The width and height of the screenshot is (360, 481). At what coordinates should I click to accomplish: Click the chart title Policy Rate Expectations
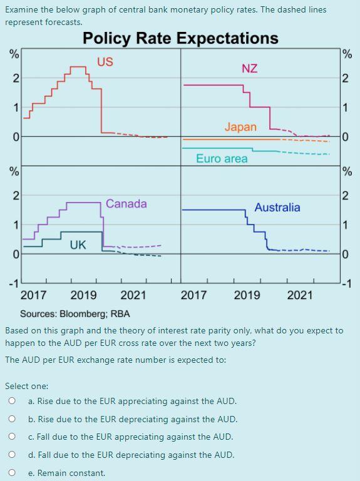coord(180,38)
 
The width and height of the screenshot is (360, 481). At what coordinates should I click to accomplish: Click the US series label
coord(105,61)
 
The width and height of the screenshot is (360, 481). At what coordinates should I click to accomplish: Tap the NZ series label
coord(249,68)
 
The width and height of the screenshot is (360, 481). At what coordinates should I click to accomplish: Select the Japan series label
coord(240,127)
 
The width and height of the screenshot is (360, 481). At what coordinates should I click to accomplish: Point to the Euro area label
coord(222,159)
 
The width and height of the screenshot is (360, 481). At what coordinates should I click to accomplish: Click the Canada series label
coord(126,204)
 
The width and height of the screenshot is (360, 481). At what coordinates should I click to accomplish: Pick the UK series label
coord(78,245)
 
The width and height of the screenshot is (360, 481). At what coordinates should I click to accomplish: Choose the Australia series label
coord(277,208)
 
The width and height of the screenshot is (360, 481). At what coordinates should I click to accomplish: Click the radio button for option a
coord(11,401)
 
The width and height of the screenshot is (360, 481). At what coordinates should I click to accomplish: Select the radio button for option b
coord(11,419)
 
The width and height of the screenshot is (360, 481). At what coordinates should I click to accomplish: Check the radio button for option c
coord(11,437)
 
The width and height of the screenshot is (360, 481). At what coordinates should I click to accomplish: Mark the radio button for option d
coord(11,455)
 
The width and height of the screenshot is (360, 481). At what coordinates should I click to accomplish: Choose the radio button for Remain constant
coord(11,473)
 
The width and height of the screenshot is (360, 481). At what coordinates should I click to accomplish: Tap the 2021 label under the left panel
coord(133,295)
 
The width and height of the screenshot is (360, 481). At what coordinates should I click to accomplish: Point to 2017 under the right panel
coord(193,295)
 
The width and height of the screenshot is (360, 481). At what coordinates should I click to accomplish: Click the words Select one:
coord(26,386)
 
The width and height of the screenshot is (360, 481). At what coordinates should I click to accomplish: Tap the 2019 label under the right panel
coord(247,295)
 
